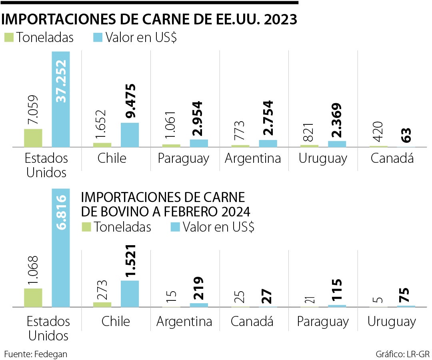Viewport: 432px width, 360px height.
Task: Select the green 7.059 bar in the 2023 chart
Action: coord(33,138)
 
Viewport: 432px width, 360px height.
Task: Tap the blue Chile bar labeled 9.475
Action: coord(130,135)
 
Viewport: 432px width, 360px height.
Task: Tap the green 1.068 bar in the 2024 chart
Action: coord(33,298)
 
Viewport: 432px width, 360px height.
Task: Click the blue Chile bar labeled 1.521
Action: coord(130,294)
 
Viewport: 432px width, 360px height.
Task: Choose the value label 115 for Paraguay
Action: coord(337,291)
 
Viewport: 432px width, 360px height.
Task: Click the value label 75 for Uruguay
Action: coord(406,294)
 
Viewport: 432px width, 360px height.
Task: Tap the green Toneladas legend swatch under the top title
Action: coord(9,37)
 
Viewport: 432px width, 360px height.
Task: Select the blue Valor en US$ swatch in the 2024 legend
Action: coord(176,227)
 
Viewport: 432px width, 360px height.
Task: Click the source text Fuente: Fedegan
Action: coord(36,354)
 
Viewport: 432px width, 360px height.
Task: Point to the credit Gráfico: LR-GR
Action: coord(402,354)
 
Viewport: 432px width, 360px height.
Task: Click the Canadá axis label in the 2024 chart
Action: coord(253,322)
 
